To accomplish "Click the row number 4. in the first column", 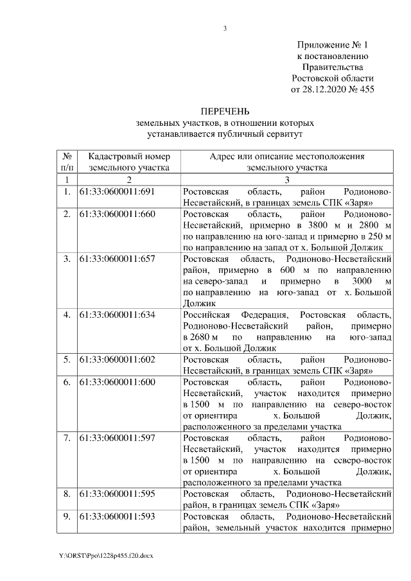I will tap(66, 315).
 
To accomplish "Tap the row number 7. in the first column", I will tap(66, 438).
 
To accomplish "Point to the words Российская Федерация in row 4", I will tap(228, 315).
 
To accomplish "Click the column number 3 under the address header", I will tap(287, 180).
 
